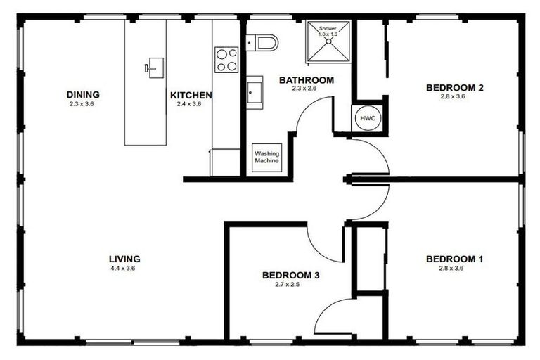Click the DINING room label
coord(83,94)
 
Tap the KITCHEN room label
coord(191,95)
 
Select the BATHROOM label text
coord(306,80)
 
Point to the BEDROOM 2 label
coord(455,88)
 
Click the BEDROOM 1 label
coord(455,259)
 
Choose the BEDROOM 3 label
coord(291,275)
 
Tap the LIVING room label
coord(124,258)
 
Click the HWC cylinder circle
coord(368,119)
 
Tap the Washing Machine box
coord(266,157)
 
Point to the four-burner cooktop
coord(226,59)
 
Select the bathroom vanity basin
coord(254,91)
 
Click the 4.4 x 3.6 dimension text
coord(124,268)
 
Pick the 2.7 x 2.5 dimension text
coord(291,285)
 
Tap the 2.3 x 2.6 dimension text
coord(306,89)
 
